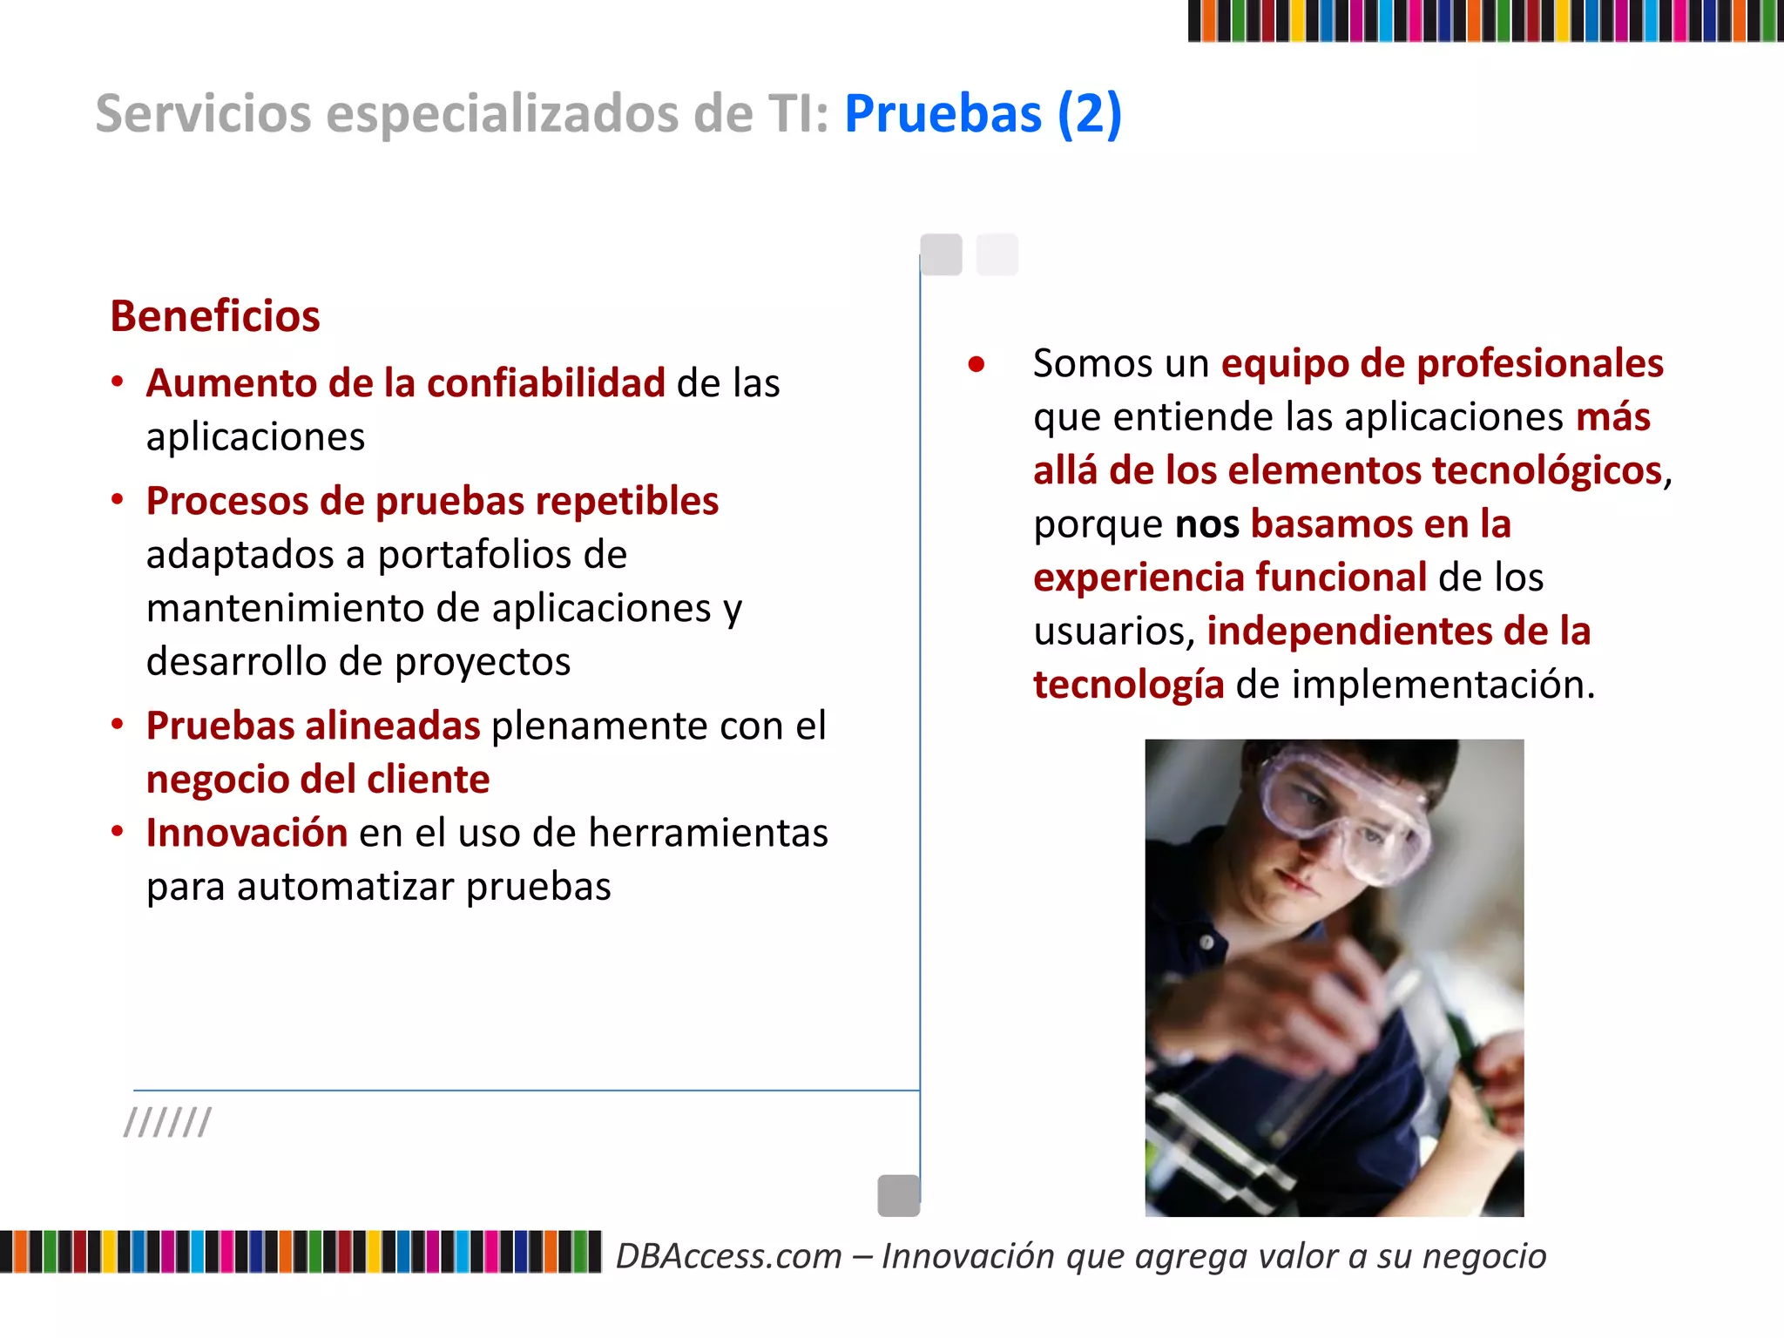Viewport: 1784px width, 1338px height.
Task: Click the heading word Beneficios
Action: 214,316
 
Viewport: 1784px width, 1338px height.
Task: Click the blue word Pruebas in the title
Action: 943,114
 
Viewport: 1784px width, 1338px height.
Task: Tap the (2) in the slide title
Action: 1089,114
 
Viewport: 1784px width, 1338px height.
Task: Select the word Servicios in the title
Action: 203,114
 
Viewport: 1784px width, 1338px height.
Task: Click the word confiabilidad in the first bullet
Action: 546,383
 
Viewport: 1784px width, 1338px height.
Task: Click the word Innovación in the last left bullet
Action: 247,833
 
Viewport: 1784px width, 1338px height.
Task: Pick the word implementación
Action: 1443,685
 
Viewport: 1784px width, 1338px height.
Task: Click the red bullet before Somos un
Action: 976,364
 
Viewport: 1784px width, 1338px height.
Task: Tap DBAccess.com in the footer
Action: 729,1256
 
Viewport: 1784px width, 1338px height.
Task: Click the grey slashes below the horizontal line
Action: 167,1123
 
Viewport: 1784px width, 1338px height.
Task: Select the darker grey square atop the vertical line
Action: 941,254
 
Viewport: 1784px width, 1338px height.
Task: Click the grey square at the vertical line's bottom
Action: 898,1195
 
